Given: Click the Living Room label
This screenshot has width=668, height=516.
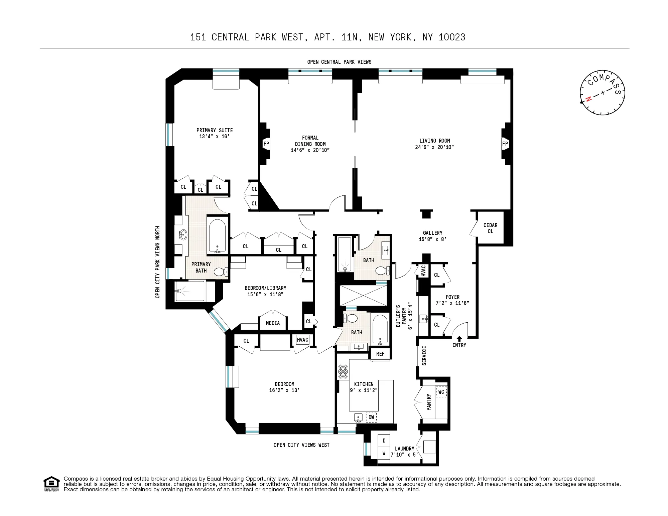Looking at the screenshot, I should point(434,141).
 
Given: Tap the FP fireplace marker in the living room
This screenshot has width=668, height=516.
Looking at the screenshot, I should point(505,144).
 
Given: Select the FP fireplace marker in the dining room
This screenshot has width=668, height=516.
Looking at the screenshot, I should point(266,144).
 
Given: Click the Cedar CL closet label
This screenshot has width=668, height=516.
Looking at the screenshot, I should point(490,228).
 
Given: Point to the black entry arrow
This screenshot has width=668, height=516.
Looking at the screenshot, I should point(459,339).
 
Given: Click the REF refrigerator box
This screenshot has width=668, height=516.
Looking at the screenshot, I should point(380,354).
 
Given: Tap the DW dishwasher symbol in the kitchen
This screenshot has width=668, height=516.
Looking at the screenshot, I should point(371,417).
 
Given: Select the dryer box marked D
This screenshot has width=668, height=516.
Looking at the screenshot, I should point(384,441).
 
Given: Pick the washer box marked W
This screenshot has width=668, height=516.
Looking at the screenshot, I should point(384,453).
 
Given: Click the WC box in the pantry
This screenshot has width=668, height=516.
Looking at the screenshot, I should point(441,392).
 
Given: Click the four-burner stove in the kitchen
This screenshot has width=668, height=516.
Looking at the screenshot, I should point(343,372).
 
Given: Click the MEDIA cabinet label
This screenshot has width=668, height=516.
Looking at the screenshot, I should point(273,323).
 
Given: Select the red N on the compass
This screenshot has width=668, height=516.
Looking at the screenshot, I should point(589,99).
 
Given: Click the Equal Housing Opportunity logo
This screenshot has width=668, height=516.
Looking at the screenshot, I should point(51,483).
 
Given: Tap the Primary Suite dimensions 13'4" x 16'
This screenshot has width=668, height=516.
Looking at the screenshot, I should point(214,137).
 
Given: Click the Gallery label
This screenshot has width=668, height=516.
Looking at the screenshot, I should point(432,233).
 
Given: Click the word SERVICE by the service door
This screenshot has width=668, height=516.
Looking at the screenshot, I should point(424,356).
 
